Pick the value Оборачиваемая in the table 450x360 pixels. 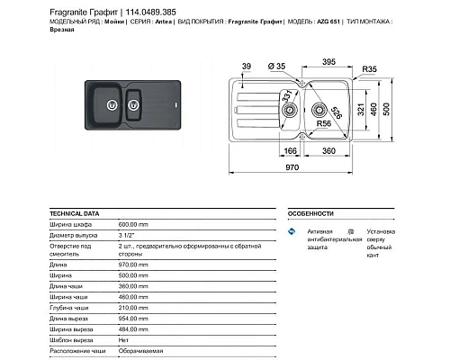142,353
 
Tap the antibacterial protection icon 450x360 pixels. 291,233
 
